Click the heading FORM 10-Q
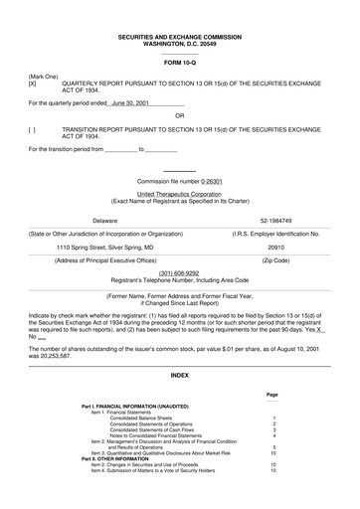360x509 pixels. click(179, 64)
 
